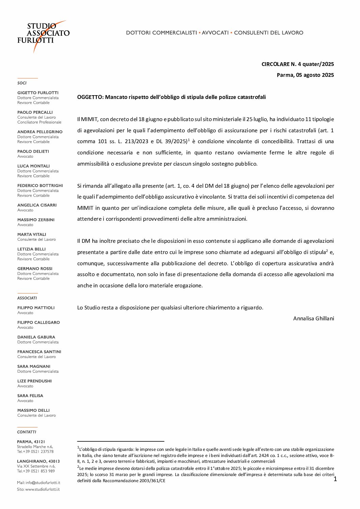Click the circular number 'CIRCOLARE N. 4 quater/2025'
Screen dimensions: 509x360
click(297, 64)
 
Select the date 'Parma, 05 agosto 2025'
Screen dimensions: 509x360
click(305, 75)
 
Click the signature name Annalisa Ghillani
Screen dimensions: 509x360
click(313, 319)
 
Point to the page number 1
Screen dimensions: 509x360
click(335, 479)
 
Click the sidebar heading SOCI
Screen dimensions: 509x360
click(22, 83)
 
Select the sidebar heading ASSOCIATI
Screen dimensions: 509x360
click(27, 298)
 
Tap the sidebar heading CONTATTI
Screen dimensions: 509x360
click(27, 432)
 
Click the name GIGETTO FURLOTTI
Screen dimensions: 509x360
click(38, 93)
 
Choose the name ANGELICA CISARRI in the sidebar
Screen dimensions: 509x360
click(37, 205)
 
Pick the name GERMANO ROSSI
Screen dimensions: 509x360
click(35, 269)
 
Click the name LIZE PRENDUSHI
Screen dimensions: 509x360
click(34, 381)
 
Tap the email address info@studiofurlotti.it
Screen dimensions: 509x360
click(43, 483)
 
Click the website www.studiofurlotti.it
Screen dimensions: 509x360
click(42, 490)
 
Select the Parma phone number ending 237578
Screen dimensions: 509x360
click(35, 452)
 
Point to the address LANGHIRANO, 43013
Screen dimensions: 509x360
click(38, 461)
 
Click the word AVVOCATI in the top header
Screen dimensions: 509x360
click(215, 33)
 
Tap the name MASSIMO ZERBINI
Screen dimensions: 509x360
click(36, 220)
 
